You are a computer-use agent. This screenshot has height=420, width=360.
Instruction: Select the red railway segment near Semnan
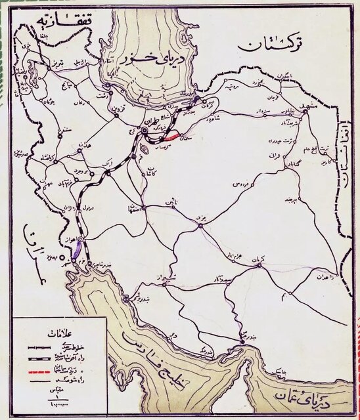point(171,137)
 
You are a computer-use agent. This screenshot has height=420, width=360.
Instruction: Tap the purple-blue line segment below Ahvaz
point(76,247)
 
